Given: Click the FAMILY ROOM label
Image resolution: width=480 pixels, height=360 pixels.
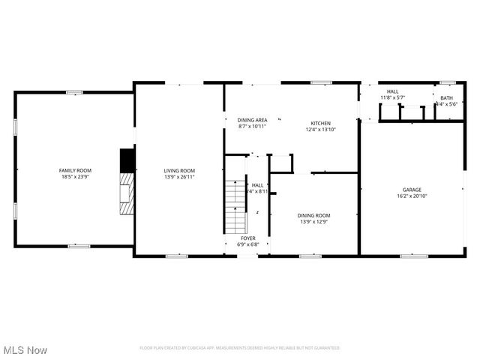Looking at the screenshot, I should tap(75, 171).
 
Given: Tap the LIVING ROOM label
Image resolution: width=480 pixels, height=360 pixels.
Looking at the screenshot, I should tap(179, 171).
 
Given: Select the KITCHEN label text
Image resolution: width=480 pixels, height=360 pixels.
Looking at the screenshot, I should tap(322, 123).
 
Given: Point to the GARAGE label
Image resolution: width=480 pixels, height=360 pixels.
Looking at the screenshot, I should tap(412, 190).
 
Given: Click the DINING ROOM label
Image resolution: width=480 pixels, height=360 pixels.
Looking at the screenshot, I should tap(314, 215).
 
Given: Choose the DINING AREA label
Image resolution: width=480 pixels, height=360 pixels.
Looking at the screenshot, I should tap(253, 120).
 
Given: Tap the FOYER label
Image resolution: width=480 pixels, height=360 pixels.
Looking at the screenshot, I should tap(248, 238).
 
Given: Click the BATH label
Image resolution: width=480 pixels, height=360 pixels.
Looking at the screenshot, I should tap(447, 98).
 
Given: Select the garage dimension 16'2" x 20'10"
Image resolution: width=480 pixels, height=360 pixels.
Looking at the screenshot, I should tap(412, 196).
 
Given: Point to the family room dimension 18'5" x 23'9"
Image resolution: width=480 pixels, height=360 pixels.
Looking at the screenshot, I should tap(75, 177).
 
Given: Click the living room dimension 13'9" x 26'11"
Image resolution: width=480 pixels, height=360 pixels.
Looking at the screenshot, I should tap(179, 177).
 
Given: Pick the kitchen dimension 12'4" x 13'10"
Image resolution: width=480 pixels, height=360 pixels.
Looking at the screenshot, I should tap(322, 129).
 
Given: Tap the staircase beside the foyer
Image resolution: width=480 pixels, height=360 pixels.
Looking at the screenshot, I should tap(235, 206).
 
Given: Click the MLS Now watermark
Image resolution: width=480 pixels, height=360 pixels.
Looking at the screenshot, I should tap(25, 350).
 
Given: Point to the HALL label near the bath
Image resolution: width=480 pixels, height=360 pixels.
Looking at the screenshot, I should tap(393, 91).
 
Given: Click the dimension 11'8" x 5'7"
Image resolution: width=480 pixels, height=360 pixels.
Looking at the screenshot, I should tap(393, 97).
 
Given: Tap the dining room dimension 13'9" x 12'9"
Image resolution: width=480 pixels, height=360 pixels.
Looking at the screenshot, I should tap(314, 221).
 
